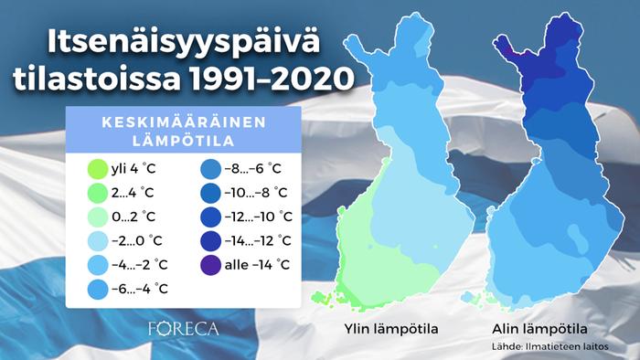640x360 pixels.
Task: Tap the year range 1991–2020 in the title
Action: [266, 79]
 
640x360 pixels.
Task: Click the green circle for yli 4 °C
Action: [96, 169]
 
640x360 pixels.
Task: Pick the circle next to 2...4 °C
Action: [96, 193]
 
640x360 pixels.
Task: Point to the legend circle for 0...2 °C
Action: [96, 217]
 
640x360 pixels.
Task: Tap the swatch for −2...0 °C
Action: [96, 241]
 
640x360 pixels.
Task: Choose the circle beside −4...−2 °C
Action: [96, 265]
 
